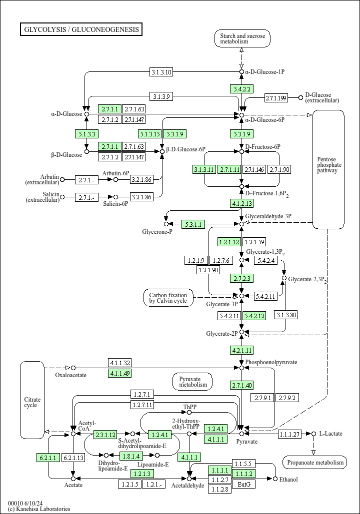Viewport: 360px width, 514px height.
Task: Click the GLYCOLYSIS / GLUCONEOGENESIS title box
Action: [x=81, y=29]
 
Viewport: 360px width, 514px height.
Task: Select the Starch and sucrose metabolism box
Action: [x=242, y=38]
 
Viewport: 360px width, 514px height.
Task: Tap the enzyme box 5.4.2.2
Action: [x=241, y=89]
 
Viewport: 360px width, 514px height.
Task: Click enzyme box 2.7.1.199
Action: [x=276, y=98]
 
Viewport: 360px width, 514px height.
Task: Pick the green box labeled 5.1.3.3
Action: [x=86, y=133]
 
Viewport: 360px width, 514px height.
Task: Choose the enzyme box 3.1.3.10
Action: [x=161, y=72]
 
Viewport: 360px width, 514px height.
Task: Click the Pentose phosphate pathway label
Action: [x=328, y=165]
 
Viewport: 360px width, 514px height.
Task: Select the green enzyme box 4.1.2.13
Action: [x=241, y=203]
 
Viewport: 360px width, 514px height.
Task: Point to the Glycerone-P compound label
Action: [x=157, y=232]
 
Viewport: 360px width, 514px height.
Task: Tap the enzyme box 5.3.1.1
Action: [x=193, y=224]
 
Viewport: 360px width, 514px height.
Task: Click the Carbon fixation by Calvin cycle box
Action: [x=168, y=297]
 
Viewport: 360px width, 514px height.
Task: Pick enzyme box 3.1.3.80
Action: [x=286, y=315]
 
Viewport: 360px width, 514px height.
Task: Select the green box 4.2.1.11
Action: [x=241, y=350]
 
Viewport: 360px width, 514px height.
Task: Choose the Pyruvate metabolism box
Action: [x=192, y=382]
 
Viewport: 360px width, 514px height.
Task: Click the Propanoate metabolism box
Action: [x=314, y=462]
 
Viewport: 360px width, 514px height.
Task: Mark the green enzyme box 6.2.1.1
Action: [x=48, y=458]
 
